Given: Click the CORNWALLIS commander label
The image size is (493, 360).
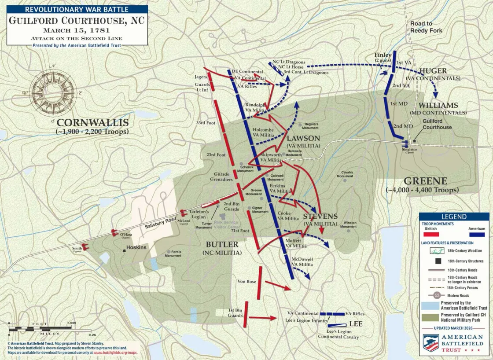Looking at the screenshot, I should click(x=92, y=123).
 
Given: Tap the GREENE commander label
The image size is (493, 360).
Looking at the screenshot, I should click(x=425, y=181).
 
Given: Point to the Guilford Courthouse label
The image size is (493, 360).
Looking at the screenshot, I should click(x=437, y=124).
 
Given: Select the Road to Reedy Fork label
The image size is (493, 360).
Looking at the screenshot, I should click(x=426, y=27).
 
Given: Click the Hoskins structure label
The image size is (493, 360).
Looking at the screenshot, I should click(x=136, y=247).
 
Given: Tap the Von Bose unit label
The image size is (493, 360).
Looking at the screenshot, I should click(x=246, y=282).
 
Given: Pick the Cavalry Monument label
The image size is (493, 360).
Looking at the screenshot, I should click(x=347, y=174).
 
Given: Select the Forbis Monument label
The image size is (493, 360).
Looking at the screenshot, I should click(x=173, y=253).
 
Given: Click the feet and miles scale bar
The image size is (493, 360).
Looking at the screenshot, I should click(x=42, y=328).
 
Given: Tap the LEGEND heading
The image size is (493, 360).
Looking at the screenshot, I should click(x=453, y=217).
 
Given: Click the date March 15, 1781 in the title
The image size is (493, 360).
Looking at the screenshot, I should click(x=77, y=30).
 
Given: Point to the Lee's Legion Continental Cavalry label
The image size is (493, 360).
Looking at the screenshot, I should click(x=338, y=334).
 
